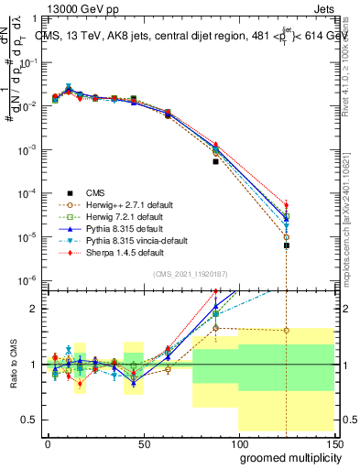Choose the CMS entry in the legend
click(95, 192)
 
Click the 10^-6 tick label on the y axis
click(27, 280)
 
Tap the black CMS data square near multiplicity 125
click(287, 245)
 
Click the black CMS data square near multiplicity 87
click(215, 161)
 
